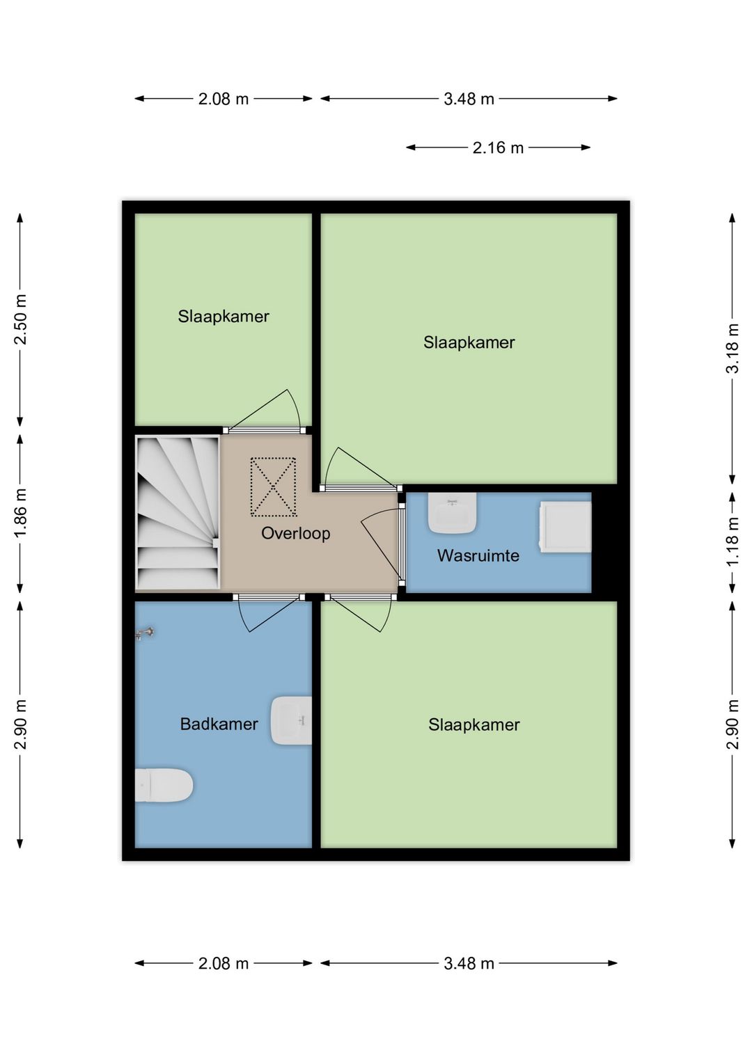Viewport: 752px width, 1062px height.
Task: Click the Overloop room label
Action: point(296,533)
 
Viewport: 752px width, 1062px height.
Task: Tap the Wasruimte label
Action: point(478,555)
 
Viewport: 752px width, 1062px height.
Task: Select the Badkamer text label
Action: point(219,724)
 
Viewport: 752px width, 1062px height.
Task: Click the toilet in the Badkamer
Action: point(164,785)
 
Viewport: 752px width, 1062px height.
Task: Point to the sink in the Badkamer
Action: point(291,721)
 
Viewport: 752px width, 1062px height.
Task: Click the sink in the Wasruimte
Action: point(452,512)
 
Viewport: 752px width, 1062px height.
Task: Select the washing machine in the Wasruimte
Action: point(565,528)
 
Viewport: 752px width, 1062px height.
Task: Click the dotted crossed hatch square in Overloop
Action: point(273,486)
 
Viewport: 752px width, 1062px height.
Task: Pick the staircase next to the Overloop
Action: point(178,514)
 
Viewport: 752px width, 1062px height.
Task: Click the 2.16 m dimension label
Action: point(498,148)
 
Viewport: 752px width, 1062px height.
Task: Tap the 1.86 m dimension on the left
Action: point(20,514)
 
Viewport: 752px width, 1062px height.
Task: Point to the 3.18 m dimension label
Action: point(733,349)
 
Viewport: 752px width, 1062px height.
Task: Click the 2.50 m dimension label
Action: point(20,319)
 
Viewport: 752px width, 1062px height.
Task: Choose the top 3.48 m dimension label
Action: point(469,99)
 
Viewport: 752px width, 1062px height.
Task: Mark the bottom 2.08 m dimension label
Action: point(224,964)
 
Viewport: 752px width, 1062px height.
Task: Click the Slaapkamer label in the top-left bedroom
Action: point(224,316)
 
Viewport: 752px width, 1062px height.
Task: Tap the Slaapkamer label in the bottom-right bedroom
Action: point(474,724)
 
